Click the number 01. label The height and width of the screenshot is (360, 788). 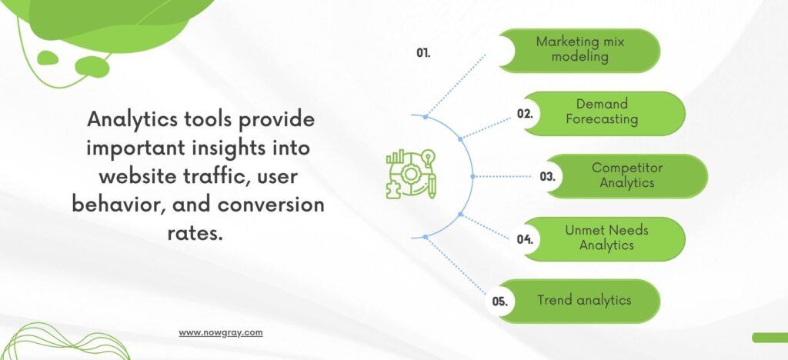tap(423, 53)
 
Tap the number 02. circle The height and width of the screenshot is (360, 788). tap(525, 114)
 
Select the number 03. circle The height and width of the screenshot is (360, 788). tap(548, 177)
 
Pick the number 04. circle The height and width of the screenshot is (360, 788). tap(525, 239)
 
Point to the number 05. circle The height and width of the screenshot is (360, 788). tap(500, 302)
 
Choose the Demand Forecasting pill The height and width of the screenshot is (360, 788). tap(603, 114)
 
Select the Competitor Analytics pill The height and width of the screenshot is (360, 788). tap(626, 176)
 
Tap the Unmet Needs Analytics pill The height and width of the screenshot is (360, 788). tap(603, 239)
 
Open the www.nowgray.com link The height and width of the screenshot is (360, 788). tap(221, 332)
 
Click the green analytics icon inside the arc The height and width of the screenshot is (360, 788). tap(411, 174)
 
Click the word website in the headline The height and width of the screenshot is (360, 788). tap(134, 177)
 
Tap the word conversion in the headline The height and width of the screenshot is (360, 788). tap(271, 205)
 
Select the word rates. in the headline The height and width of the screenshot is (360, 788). tap(195, 233)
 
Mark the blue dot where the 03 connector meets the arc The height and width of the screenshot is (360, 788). tap(472, 176)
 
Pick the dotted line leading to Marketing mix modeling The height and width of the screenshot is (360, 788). tap(456, 85)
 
